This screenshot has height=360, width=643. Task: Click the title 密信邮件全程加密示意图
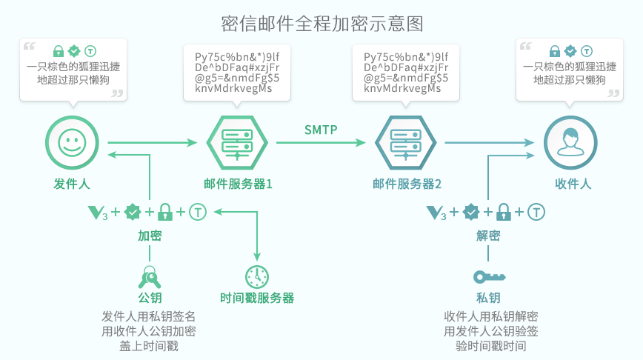click(x=322, y=23)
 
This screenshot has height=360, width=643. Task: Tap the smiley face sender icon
click(x=72, y=142)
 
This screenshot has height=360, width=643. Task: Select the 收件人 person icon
click(x=570, y=142)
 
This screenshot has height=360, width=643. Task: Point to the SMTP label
click(x=321, y=130)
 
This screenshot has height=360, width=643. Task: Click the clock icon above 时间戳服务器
click(x=257, y=276)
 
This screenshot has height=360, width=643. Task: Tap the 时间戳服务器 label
click(x=257, y=298)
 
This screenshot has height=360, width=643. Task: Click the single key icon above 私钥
click(x=489, y=277)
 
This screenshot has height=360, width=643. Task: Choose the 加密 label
click(x=150, y=236)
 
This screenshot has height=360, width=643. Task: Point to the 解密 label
click(x=488, y=236)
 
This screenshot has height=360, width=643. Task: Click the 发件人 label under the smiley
click(x=72, y=183)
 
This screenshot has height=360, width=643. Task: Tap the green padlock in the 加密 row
click(x=165, y=213)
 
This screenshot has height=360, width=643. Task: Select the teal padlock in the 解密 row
click(x=504, y=213)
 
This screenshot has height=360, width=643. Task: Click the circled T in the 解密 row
click(x=536, y=213)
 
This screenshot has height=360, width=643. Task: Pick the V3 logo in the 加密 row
click(x=98, y=213)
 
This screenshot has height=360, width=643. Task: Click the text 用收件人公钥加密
click(x=149, y=331)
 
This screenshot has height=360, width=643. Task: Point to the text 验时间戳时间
click(x=489, y=346)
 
